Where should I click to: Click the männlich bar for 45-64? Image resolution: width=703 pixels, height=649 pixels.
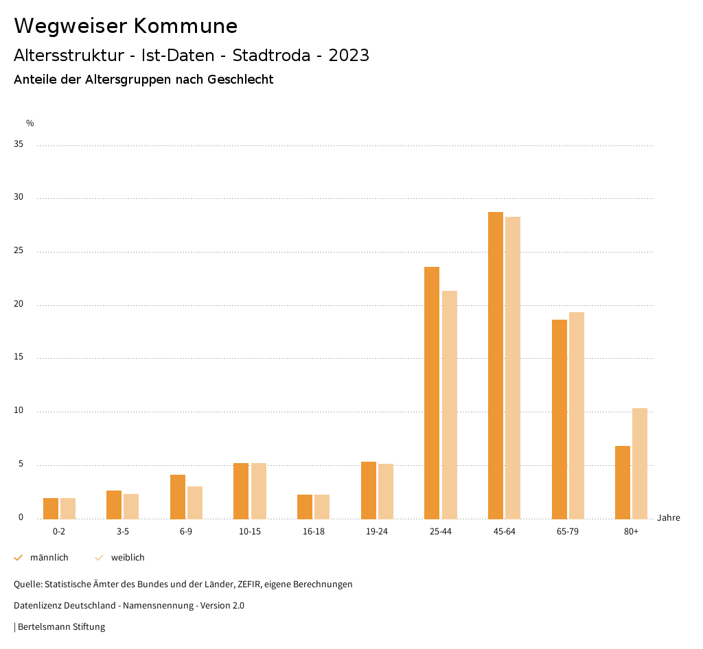(x=495, y=365)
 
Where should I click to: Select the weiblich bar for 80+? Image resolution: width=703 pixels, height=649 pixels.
(x=640, y=463)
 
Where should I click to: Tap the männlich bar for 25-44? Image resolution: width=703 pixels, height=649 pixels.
(x=432, y=392)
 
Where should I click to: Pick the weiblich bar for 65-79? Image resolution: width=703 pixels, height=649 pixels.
(x=577, y=415)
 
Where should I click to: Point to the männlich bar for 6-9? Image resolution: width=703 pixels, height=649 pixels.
(x=178, y=497)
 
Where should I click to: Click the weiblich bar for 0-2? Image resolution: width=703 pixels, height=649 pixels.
(x=68, y=508)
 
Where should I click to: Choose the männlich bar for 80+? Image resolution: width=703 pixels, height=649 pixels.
(x=623, y=482)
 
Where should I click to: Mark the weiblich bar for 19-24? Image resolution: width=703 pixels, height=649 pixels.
(x=386, y=491)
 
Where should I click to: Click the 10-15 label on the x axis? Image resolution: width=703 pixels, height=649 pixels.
(x=250, y=532)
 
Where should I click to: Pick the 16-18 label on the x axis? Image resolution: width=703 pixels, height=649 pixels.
(x=313, y=532)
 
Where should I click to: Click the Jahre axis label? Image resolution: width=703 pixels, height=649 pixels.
(x=668, y=518)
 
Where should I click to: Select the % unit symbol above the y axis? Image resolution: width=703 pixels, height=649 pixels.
(x=30, y=123)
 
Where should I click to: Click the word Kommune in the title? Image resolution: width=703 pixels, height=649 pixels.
(x=185, y=26)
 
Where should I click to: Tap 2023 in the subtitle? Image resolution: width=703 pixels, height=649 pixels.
(x=349, y=56)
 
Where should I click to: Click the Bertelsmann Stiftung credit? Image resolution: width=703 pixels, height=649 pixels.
(x=61, y=627)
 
